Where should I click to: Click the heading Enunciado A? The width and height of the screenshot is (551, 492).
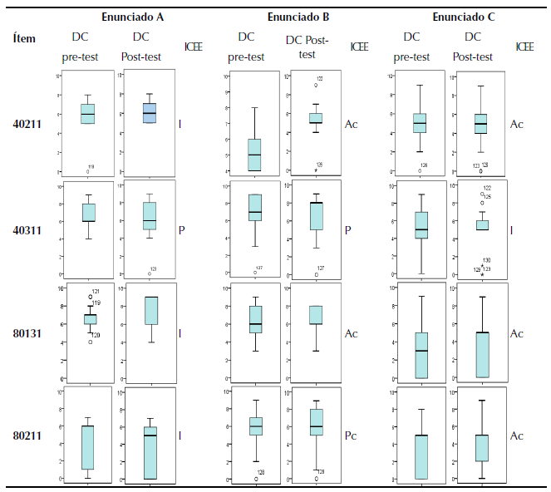click(x=130, y=17)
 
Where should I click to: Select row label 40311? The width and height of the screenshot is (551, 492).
click(x=29, y=229)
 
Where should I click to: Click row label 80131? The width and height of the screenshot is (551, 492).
click(x=29, y=333)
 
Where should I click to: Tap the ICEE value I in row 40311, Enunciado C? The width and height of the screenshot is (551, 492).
click(x=511, y=229)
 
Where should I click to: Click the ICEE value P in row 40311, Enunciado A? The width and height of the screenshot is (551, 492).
click(x=181, y=229)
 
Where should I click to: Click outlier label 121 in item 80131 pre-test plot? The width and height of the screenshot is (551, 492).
click(x=96, y=292)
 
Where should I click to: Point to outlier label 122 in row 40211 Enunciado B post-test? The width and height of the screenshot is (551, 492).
click(x=320, y=79)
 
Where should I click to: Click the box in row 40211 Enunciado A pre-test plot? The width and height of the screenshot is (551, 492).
click(x=87, y=114)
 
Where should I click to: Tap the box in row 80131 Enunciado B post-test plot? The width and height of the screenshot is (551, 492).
click(x=316, y=314)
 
